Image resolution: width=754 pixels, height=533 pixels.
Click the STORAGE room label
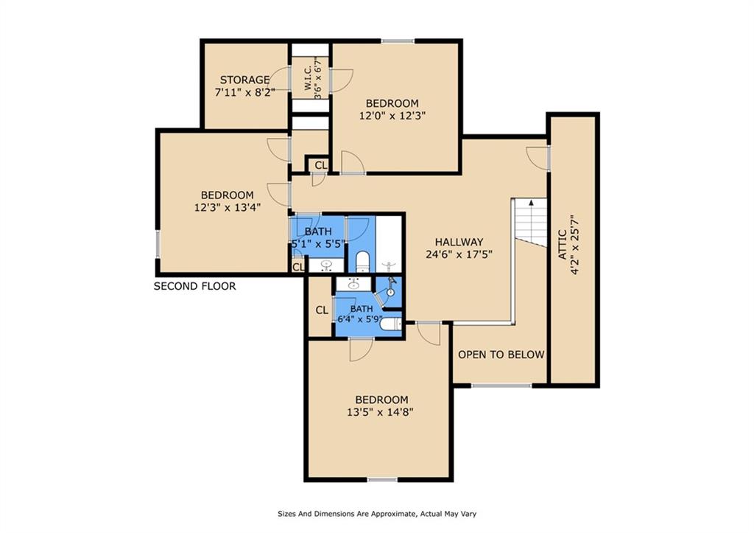coord(244,80)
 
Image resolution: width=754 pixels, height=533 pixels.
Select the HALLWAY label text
coord(458,242)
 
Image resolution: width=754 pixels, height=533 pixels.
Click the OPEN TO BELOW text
coord(501,355)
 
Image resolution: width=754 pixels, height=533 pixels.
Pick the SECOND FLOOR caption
coord(194,286)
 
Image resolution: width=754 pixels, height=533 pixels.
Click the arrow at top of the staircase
coord(530,202)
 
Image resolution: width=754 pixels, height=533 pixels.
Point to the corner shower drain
coord(390,291)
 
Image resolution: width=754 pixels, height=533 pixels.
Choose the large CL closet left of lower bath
coord(321,310)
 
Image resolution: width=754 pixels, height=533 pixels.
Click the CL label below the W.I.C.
coord(320,164)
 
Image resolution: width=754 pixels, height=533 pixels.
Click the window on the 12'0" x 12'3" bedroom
coord(397,41)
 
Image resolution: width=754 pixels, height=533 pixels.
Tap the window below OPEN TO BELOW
coord(501,384)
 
